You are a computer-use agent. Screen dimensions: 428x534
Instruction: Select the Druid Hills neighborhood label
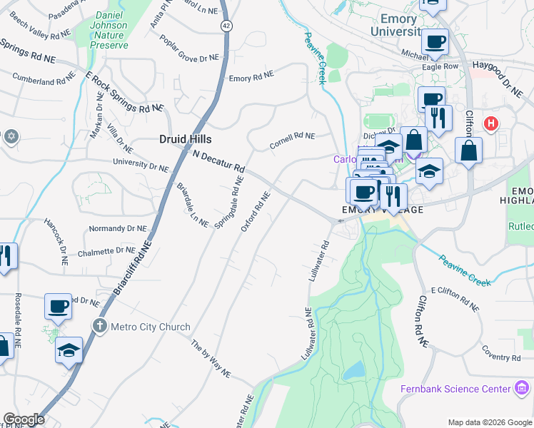pos(185,139)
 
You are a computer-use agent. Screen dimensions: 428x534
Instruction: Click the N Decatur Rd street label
pos(219,162)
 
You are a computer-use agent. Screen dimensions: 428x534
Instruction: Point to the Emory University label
pos(405,24)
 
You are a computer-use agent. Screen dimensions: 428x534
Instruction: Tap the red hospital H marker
pos(490,123)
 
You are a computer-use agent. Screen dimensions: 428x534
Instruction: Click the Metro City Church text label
pos(150,327)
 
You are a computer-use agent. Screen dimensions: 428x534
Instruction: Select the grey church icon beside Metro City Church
pos(101,327)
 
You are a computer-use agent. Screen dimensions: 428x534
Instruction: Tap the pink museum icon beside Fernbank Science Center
pos(523,389)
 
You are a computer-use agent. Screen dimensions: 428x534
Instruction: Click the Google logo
pos(24,419)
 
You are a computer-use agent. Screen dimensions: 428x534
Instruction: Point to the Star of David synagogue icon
pos(10,136)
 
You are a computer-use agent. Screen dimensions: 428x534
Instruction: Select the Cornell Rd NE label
pos(292,141)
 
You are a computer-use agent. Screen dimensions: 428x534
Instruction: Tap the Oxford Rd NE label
pos(256,212)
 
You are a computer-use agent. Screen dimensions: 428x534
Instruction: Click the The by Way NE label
pos(211,359)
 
